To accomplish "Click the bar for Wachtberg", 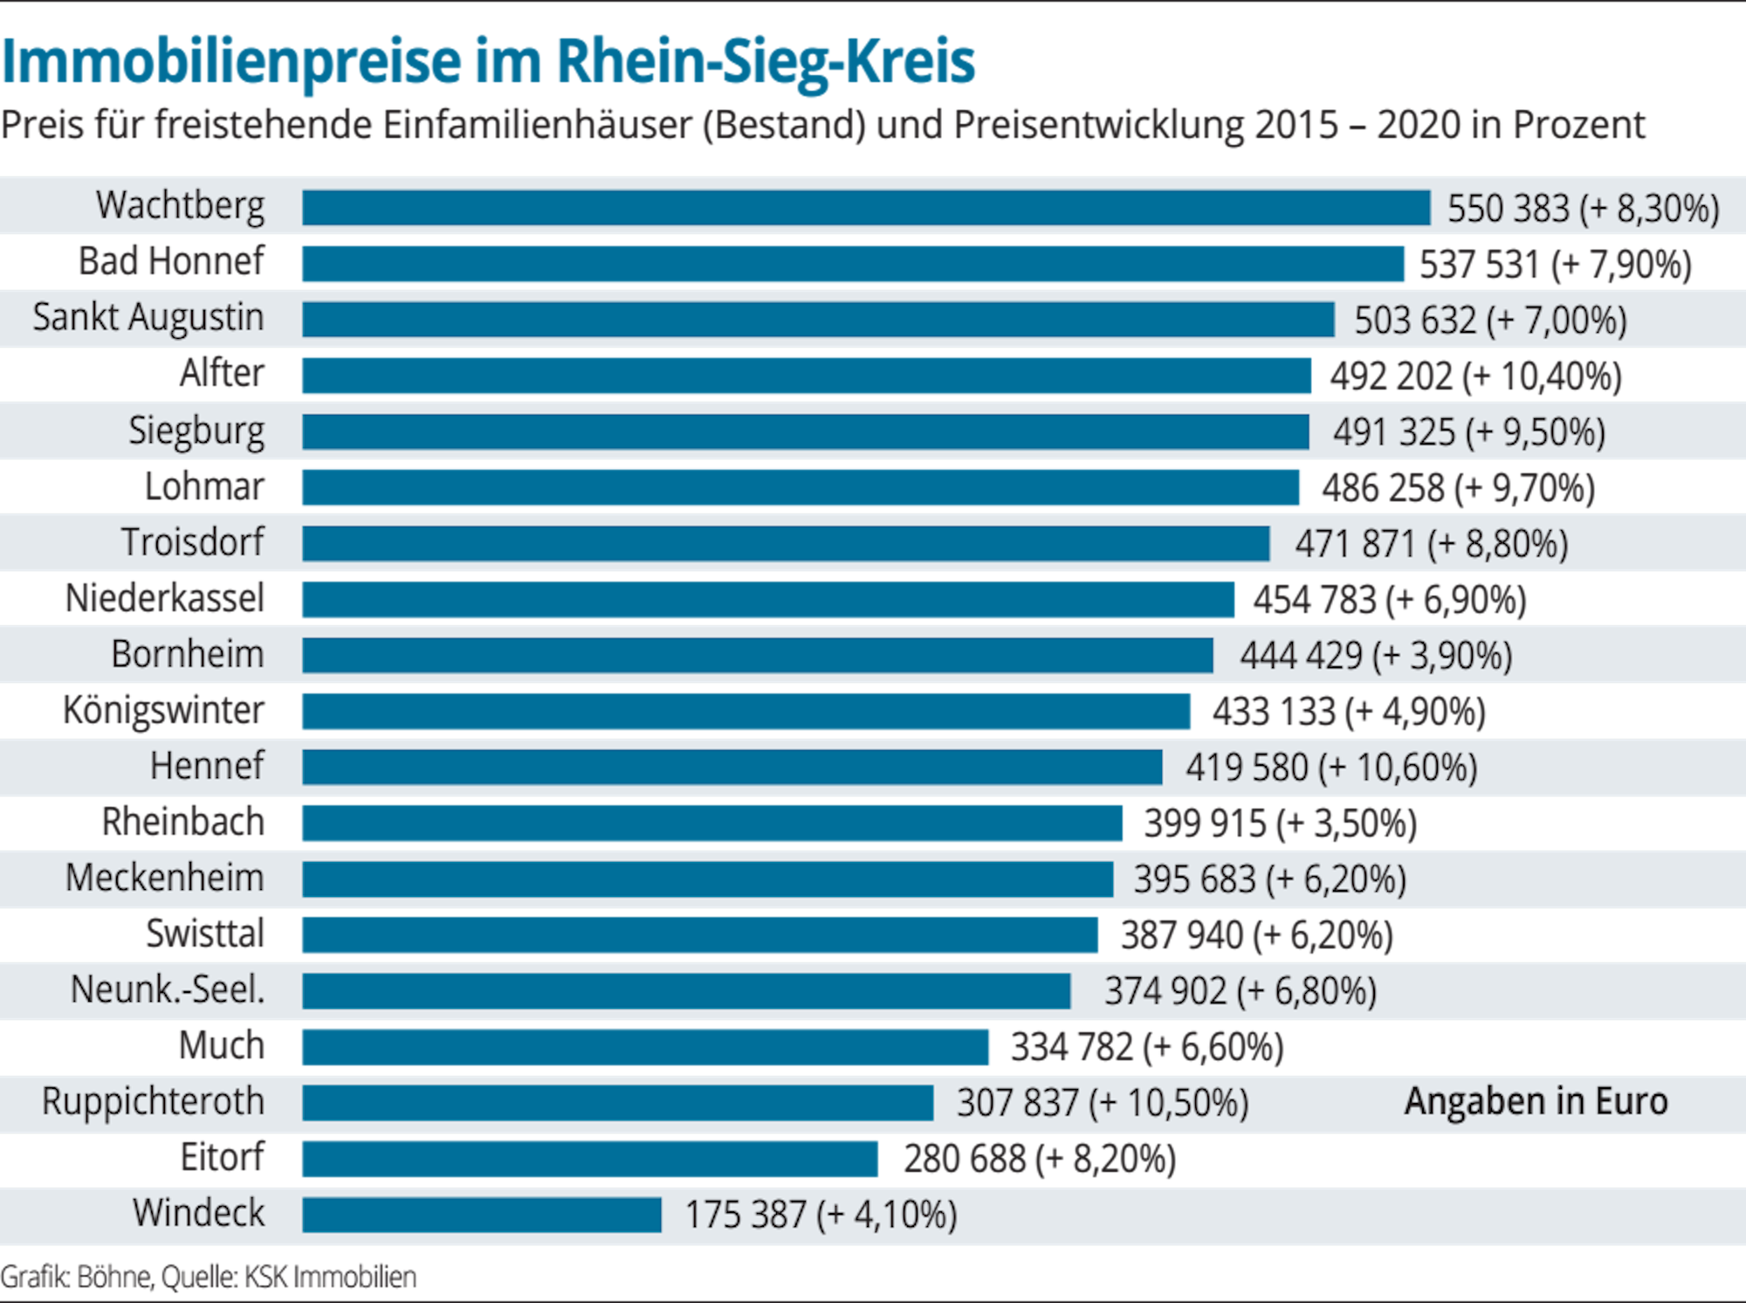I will click(866, 208).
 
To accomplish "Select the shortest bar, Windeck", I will click(482, 1215).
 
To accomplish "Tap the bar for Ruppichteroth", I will click(617, 1103).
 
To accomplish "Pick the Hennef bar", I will click(732, 767).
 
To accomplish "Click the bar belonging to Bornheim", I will click(757, 655).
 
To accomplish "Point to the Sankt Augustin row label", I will click(148, 318).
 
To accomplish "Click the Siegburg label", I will click(196, 431).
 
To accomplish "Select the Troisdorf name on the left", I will click(192, 542).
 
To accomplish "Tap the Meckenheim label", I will click(164, 878).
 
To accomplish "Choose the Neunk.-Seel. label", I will click(167, 989).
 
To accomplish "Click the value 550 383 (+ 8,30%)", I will click(1583, 209).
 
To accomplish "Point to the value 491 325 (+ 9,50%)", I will click(1468, 432).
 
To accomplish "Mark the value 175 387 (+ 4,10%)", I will click(821, 1215).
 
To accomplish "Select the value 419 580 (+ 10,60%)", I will click(1330, 768).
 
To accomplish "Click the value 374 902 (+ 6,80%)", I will click(1240, 991).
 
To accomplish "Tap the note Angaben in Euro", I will click(1536, 1101).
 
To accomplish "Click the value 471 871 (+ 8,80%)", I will click(1431, 544).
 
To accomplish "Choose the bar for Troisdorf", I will click(786, 543).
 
